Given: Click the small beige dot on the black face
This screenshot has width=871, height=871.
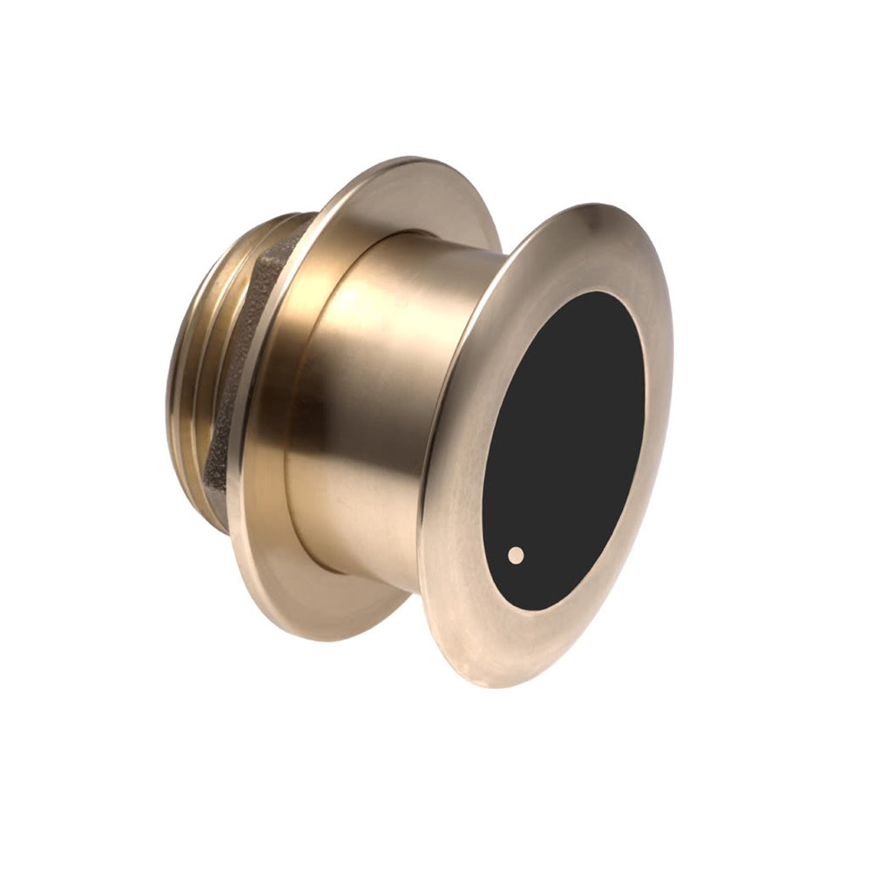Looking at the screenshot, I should pyautogui.click(x=517, y=554).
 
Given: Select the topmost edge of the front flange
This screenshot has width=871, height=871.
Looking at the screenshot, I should pyautogui.click(x=601, y=208).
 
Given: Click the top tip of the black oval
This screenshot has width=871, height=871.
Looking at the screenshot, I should pyautogui.click(x=601, y=292).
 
